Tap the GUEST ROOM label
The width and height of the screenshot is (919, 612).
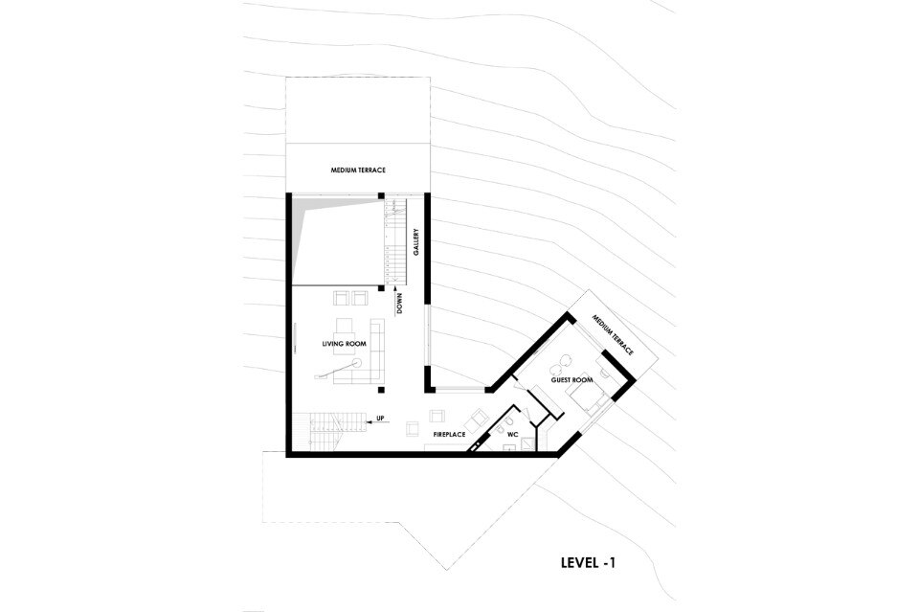[x=572, y=380]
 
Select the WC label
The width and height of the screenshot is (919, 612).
[x=513, y=435]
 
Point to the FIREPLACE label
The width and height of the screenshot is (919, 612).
[x=449, y=435]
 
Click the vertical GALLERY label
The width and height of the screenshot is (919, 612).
[x=415, y=241]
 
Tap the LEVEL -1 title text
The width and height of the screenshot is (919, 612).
[x=588, y=563]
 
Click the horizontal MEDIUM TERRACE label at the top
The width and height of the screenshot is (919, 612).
[x=357, y=170]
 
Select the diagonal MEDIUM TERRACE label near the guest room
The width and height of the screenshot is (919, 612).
[x=613, y=334]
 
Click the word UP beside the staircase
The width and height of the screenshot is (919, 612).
[x=380, y=419]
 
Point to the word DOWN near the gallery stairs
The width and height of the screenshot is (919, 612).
[x=399, y=305]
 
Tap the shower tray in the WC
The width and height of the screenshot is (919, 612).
[x=529, y=443]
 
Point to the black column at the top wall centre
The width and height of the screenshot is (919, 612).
[x=381, y=195]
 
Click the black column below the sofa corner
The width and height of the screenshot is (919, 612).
[x=381, y=390]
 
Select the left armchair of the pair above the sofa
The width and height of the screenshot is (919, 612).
[x=341, y=298]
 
